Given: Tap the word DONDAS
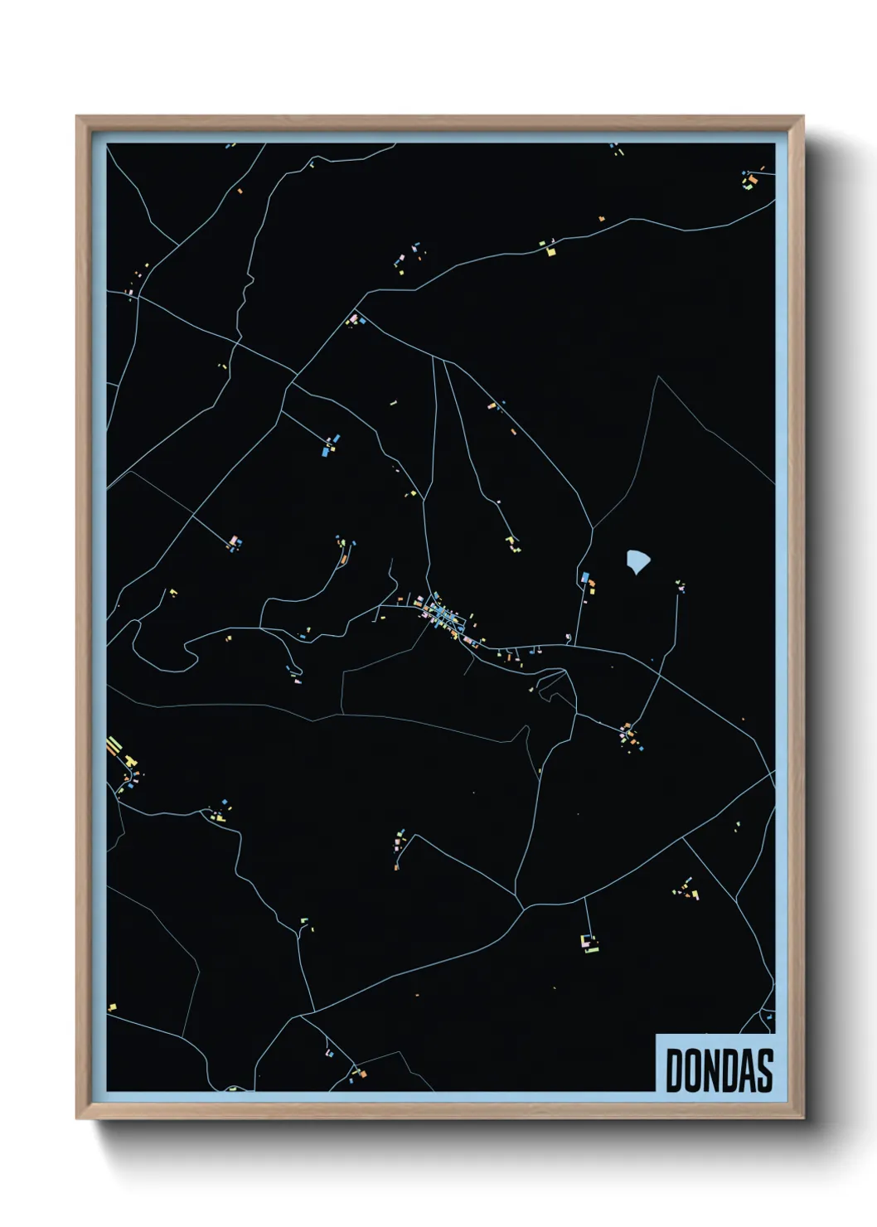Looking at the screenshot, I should (719, 1070).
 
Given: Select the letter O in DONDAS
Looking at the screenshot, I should (695, 1070).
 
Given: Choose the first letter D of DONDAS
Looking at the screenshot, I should (675, 1070).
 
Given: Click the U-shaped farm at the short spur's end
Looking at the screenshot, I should (589, 943).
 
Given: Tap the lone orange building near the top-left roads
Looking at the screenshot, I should (240, 192).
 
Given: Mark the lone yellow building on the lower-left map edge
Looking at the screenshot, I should (112, 1007).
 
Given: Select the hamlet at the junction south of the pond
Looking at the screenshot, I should (629, 735).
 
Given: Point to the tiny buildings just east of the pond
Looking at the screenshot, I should (681, 585).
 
